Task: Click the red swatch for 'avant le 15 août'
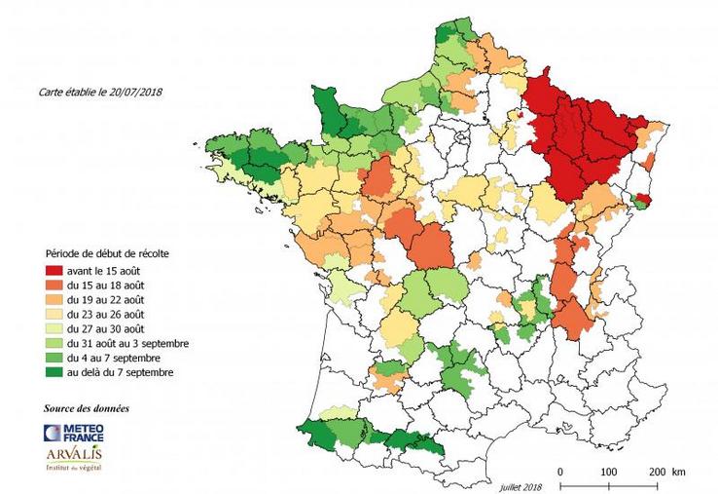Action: pos(51,269)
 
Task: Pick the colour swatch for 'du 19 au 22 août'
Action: pos(51,299)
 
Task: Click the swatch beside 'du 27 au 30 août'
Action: pos(51,329)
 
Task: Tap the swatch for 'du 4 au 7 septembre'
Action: pos(51,360)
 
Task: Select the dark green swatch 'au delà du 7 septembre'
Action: pos(51,374)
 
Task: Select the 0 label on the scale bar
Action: pos(560,472)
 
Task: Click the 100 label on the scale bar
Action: pos(609,472)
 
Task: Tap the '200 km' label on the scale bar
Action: pos(665,472)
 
